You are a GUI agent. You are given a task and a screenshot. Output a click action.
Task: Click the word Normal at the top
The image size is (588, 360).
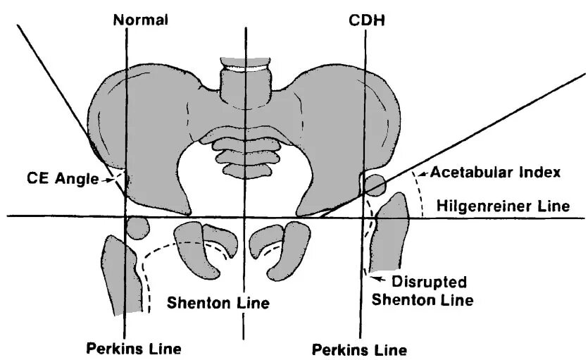click(141, 20)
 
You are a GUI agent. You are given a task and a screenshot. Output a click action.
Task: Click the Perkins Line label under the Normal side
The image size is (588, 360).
click(134, 348)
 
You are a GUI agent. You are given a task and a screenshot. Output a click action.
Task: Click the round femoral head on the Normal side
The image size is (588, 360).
click(138, 227)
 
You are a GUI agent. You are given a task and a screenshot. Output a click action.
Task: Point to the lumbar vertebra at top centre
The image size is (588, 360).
click(244, 81)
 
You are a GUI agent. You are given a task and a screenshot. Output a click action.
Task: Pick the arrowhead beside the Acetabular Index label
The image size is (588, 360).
click(421, 173)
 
